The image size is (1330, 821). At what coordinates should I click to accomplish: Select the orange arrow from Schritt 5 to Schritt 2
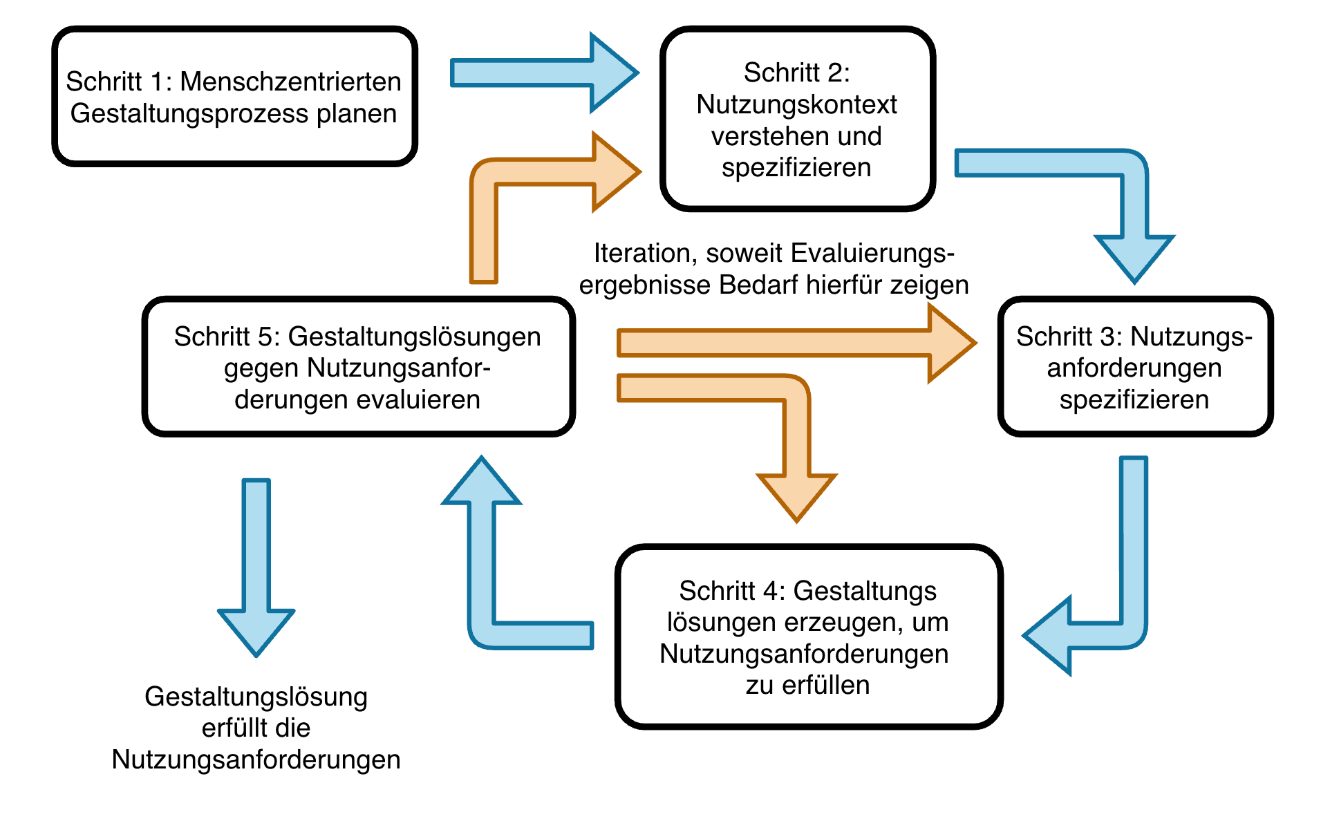(484, 207)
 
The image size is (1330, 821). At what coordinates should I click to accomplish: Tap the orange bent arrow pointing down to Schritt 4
(796, 442)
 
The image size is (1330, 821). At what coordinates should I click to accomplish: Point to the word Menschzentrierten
(290, 82)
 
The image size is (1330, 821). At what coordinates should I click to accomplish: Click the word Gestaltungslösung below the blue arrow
(256, 697)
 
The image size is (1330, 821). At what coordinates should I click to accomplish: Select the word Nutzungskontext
(796, 104)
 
